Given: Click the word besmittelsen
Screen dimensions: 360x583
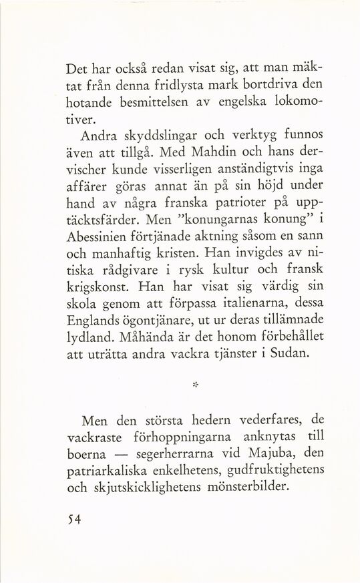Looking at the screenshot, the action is tap(160, 104).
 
